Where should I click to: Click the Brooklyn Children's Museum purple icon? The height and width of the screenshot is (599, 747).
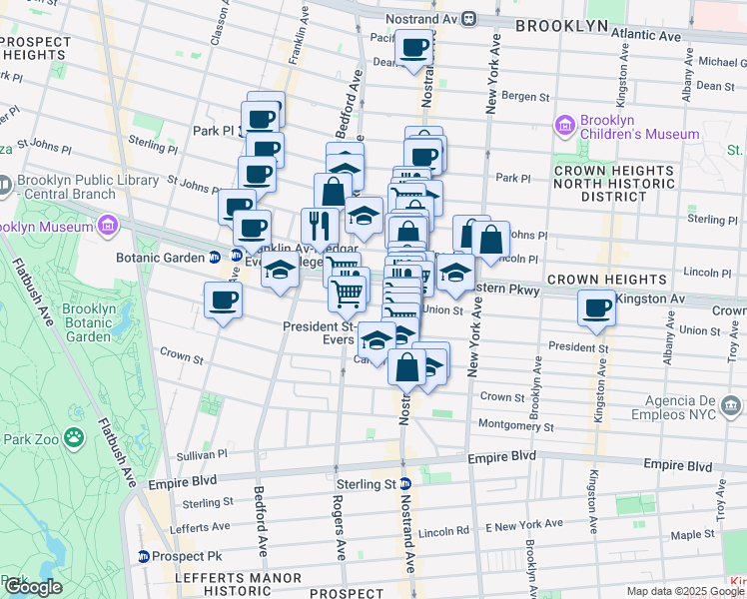565,125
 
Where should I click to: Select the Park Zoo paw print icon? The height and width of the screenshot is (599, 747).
73,436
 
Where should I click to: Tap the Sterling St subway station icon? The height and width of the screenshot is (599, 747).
405,484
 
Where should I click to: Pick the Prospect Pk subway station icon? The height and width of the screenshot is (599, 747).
144,555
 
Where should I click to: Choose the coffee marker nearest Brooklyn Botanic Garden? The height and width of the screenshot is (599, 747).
223,299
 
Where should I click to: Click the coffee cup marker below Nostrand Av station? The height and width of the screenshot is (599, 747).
412,47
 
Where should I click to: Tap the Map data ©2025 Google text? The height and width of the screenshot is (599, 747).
677,591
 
